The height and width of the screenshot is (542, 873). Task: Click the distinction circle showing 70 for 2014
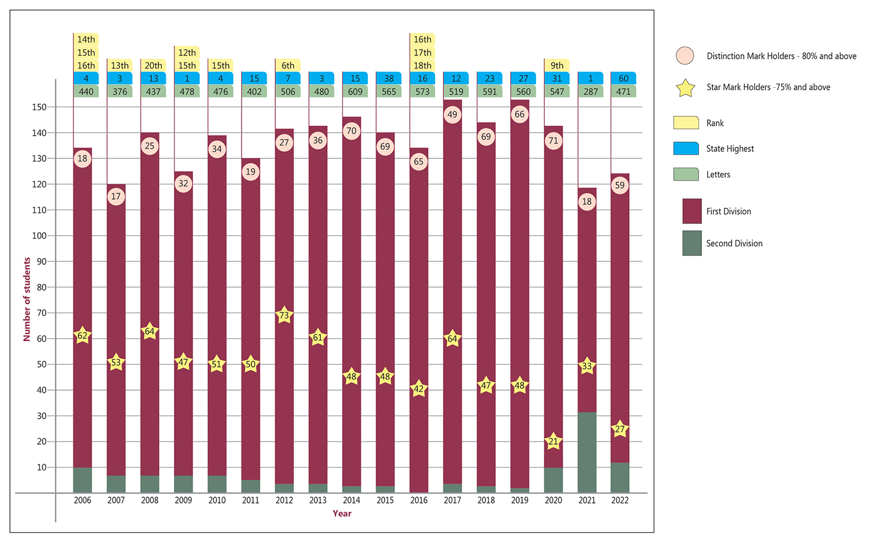point(352,131)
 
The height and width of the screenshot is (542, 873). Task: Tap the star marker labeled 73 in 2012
point(284,316)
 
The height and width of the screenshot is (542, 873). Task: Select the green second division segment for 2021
point(587,452)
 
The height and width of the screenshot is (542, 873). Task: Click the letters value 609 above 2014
point(355,91)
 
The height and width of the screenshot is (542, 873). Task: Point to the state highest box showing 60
point(623,79)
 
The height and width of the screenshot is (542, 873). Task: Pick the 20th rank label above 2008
point(154,66)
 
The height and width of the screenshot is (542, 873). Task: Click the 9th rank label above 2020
point(557,66)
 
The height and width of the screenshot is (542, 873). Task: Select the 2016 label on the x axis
point(418,500)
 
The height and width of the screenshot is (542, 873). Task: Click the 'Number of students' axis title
point(27,299)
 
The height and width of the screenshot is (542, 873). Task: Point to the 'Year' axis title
point(342,513)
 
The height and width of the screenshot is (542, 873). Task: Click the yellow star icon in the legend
point(686,88)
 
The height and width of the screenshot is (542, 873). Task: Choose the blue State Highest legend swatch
point(686,148)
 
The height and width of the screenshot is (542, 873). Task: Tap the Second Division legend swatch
point(692,243)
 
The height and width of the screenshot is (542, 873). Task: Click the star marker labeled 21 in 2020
point(553,441)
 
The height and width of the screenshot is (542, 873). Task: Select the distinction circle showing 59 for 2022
point(620,186)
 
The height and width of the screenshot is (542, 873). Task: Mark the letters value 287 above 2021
point(591,91)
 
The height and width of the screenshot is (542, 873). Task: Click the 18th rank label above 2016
point(423,66)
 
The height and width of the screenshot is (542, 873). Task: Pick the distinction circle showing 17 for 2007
point(116,196)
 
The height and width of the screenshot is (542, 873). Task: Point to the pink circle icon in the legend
point(685,56)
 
